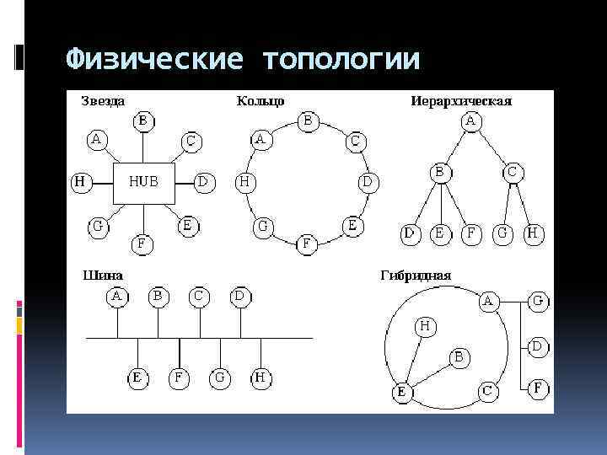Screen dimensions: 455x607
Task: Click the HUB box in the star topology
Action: point(144,181)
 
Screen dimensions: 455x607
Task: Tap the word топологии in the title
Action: point(341,59)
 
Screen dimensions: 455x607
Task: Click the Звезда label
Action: point(103,101)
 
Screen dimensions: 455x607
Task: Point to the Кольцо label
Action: point(261,101)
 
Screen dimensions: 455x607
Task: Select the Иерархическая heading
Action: point(461,101)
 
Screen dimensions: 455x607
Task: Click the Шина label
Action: point(100,275)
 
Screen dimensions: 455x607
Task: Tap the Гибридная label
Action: point(416,275)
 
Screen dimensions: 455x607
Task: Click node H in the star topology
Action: point(79,181)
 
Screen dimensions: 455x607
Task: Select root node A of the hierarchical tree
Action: point(470,123)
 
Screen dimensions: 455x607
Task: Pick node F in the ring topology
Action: point(307,244)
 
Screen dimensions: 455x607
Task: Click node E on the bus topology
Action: point(137,378)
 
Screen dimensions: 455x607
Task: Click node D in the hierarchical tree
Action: point(411,233)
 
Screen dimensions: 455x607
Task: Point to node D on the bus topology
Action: point(240,297)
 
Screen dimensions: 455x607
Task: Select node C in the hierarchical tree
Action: point(512,172)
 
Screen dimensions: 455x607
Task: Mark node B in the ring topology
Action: point(308,122)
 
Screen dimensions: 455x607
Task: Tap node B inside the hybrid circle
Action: point(459,357)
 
